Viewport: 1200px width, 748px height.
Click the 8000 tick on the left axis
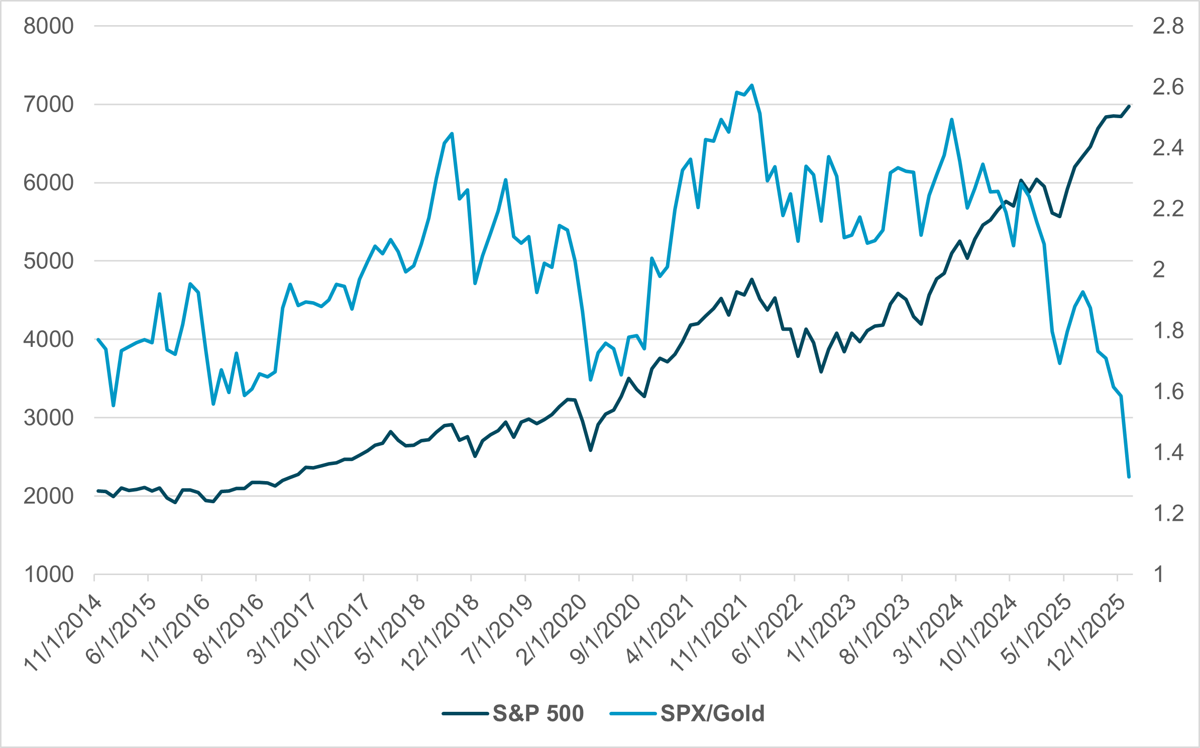pyautogui.click(x=48, y=26)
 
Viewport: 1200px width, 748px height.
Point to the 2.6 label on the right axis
pyautogui.click(x=1168, y=87)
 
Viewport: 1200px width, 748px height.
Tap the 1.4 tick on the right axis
pyautogui.click(x=1168, y=452)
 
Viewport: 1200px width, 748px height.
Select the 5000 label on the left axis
pyautogui.click(x=48, y=261)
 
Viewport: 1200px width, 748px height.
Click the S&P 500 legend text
pyautogui.click(x=538, y=713)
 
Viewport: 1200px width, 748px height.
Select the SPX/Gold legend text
pyautogui.click(x=712, y=713)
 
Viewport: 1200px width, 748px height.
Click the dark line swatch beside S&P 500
pyautogui.click(x=465, y=713)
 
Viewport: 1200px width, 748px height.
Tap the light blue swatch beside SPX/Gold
pyautogui.click(x=633, y=713)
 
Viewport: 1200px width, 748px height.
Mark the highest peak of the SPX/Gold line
pyautogui.click(x=751, y=85)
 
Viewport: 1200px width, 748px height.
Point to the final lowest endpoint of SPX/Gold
pyautogui.click(x=1129, y=477)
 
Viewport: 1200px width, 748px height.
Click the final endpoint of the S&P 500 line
pyautogui.click(x=1129, y=106)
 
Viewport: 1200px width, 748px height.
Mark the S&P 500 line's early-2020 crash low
pyautogui.click(x=591, y=450)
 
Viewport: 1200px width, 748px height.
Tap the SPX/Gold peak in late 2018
pyautogui.click(x=452, y=134)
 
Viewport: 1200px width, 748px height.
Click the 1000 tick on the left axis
pyautogui.click(x=48, y=574)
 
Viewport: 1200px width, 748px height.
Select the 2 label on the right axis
pyautogui.click(x=1159, y=270)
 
